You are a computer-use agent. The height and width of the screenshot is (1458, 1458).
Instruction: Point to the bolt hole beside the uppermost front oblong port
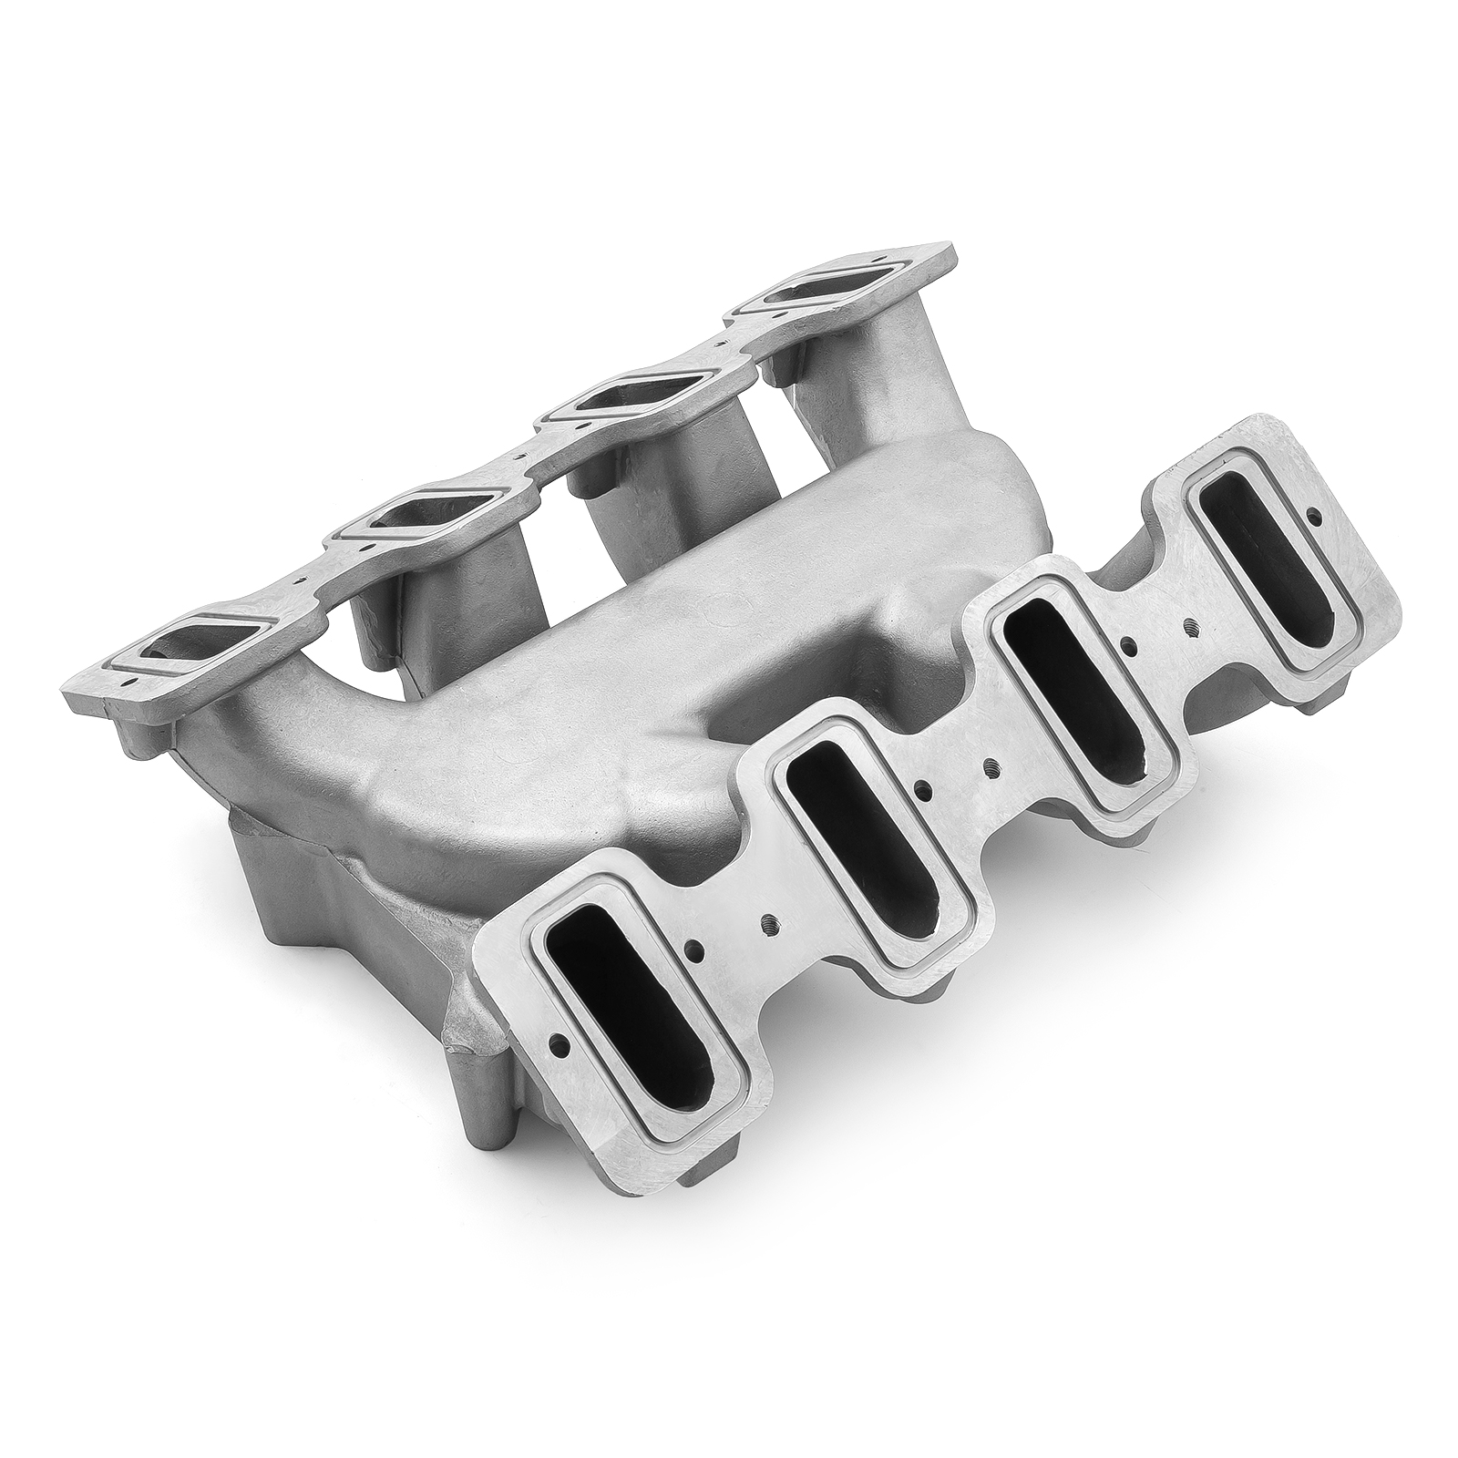click(x=1313, y=517)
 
